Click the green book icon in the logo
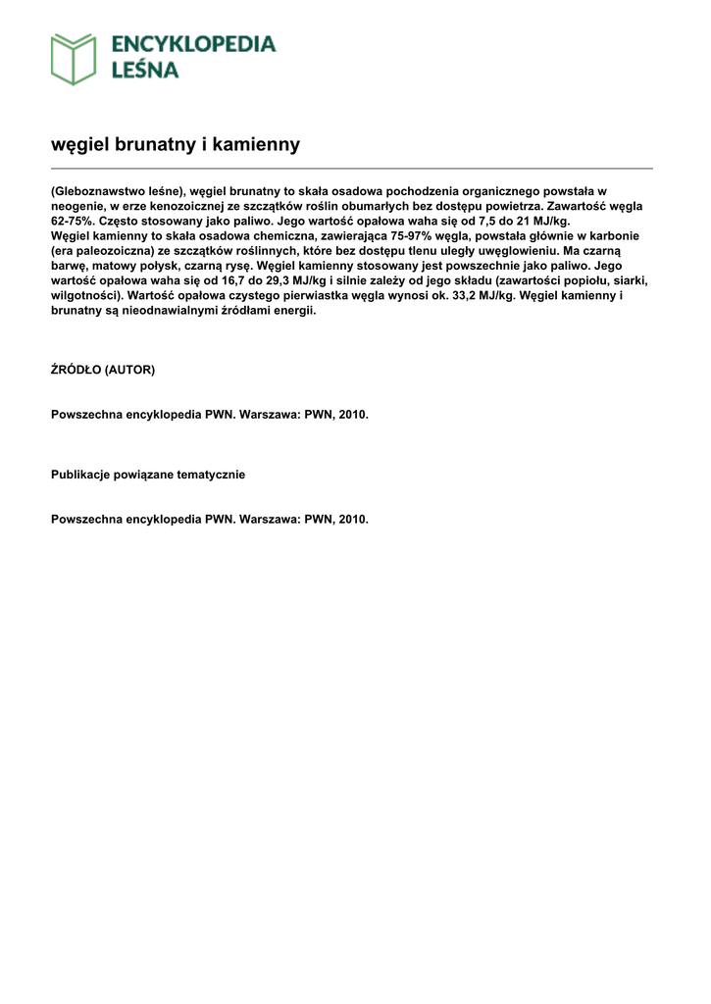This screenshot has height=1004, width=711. pos(74,58)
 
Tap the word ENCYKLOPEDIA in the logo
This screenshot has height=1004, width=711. pos(193,44)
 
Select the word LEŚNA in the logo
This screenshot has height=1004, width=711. pos(144,70)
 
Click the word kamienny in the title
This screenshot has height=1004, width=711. pos(258,145)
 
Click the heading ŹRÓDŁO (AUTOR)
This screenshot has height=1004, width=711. pos(103,371)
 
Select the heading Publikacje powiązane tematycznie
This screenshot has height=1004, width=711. pos(148,475)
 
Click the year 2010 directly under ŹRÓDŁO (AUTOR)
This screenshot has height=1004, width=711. pos(353,415)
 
